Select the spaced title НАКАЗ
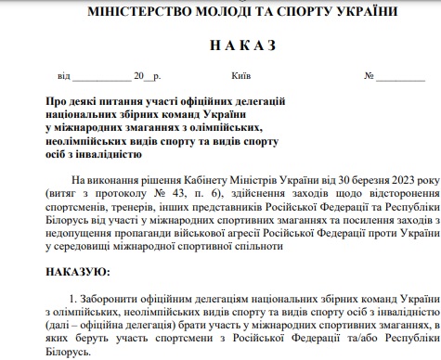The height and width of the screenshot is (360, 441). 220,45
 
